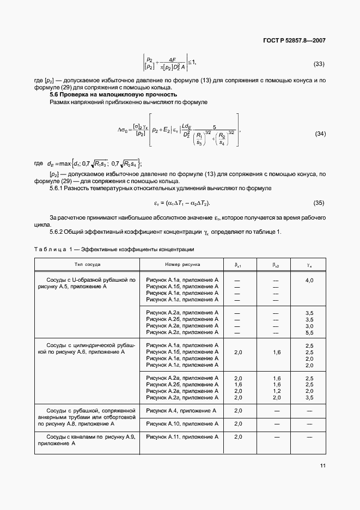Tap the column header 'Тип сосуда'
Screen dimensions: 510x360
87,264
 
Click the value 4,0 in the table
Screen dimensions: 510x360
309,280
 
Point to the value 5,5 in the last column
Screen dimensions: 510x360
309,332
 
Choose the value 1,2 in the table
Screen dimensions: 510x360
276,391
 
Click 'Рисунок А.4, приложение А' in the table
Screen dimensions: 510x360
181,410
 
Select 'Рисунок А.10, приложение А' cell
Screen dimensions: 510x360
182,423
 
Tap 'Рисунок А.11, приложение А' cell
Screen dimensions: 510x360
182,437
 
